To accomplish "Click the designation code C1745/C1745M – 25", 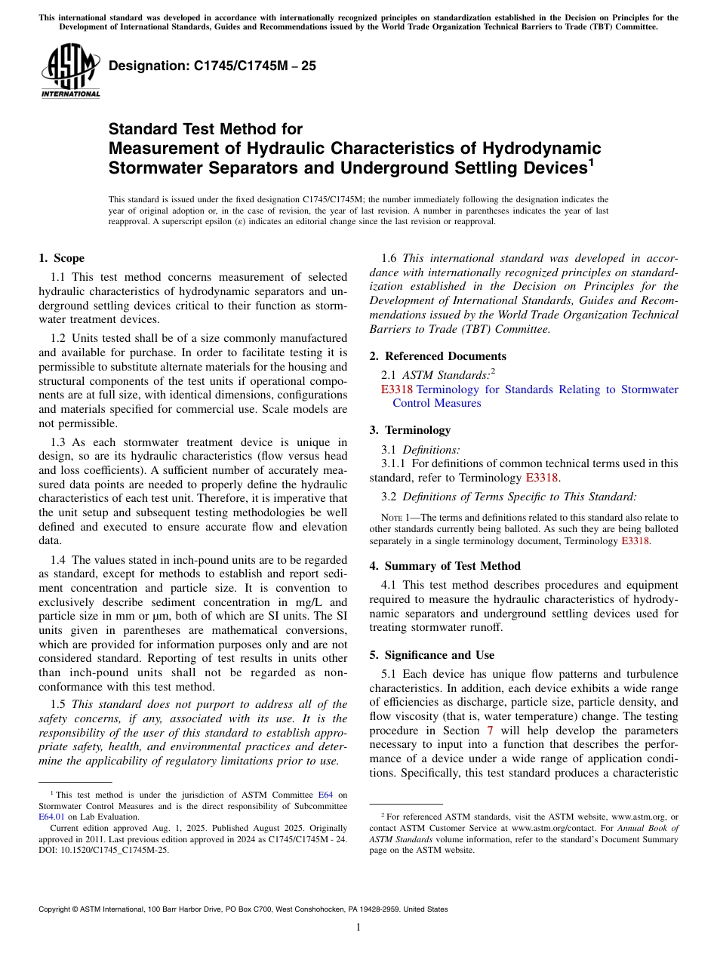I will pyautogui.click(x=212, y=66).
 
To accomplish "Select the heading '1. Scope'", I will pyautogui.click(x=61, y=258).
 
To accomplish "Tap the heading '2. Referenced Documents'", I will pyautogui.click(x=438, y=356).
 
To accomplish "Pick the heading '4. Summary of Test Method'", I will pyautogui.click(x=445, y=566).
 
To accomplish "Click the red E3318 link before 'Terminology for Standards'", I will pyautogui.click(x=397, y=389).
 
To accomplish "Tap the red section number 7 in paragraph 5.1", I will pyautogui.click(x=491, y=731).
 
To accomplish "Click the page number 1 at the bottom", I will pyautogui.click(x=358, y=928).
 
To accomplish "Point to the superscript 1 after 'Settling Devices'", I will pyautogui.click(x=591, y=161).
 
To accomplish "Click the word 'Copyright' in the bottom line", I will pyautogui.click(x=59, y=909).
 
